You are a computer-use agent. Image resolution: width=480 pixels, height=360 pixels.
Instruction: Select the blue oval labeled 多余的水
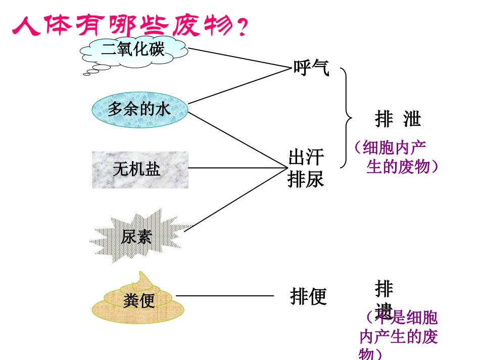139,109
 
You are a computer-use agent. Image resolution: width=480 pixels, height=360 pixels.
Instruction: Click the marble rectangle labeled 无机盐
140,169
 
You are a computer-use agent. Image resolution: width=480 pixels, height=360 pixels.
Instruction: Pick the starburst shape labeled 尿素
139,236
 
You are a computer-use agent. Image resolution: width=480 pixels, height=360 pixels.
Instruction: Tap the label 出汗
306,158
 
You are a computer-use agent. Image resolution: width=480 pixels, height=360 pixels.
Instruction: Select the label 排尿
306,179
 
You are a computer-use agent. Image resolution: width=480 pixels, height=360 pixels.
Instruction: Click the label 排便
308,296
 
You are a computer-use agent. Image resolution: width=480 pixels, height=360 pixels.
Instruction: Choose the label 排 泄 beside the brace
398,119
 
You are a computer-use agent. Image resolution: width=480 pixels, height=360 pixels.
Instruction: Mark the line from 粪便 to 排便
225,296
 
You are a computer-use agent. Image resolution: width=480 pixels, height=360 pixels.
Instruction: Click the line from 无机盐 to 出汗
237,168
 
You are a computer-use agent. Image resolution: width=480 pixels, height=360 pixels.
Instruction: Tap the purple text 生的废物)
402,167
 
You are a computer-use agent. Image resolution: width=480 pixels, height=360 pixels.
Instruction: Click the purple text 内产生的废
398,337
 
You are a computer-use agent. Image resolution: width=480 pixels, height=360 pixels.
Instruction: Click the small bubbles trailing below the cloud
91,72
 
